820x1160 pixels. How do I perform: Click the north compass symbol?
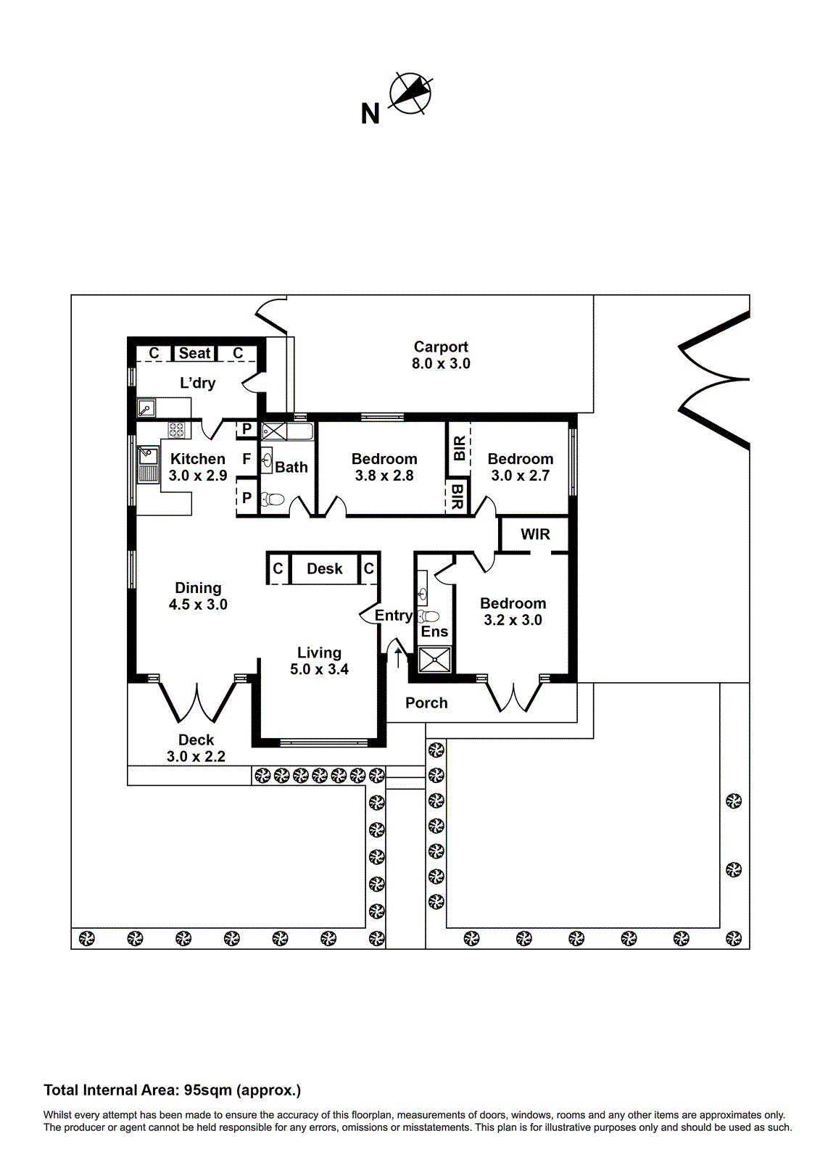tap(410, 94)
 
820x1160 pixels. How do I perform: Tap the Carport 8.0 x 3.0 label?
tap(441, 355)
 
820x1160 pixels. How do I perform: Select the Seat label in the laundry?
tap(194, 353)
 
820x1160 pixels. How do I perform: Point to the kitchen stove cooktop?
tap(176, 430)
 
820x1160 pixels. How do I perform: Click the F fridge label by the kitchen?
tap(247, 459)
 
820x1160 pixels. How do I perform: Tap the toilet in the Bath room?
tap(273, 500)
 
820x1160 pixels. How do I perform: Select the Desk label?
tap(324, 569)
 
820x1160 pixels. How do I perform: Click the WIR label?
tap(535, 534)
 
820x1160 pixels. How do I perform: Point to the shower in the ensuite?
tap(435, 660)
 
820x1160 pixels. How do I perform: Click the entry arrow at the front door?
tap(398, 657)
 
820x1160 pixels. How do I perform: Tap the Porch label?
tap(426, 703)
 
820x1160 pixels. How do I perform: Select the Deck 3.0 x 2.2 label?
tap(196, 748)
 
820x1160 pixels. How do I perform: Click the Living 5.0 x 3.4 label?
tap(319, 661)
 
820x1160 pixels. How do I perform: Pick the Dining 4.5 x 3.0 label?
tap(198, 596)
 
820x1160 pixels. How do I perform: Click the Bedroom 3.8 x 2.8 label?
tap(384, 467)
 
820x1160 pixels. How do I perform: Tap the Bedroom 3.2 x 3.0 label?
tap(513, 611)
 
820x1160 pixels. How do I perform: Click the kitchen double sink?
tap(148, 464)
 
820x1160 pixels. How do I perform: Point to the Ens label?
tap(434, 631)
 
